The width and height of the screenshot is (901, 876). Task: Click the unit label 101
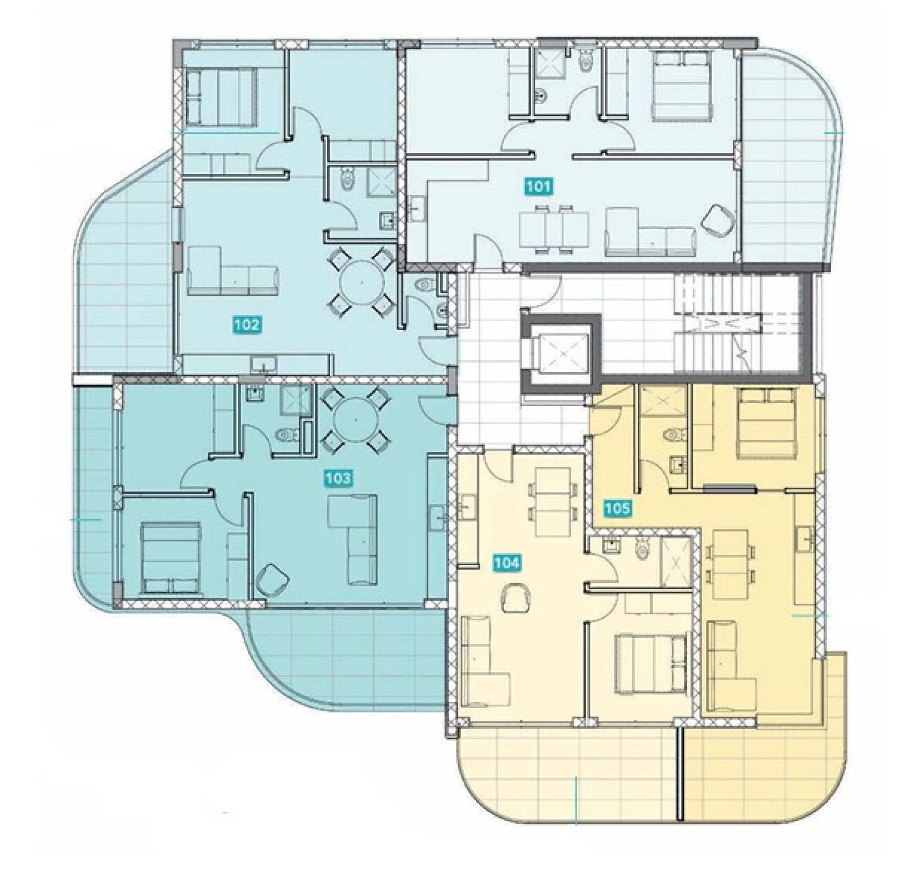(539, 187)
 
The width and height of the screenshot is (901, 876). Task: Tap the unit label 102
(247, 325)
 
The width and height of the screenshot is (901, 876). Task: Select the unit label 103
(337, 479)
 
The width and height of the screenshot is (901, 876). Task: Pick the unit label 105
(616, 508)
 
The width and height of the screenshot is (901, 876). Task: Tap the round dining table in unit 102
(361, 282)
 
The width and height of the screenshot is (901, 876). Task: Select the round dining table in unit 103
(356, 420)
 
